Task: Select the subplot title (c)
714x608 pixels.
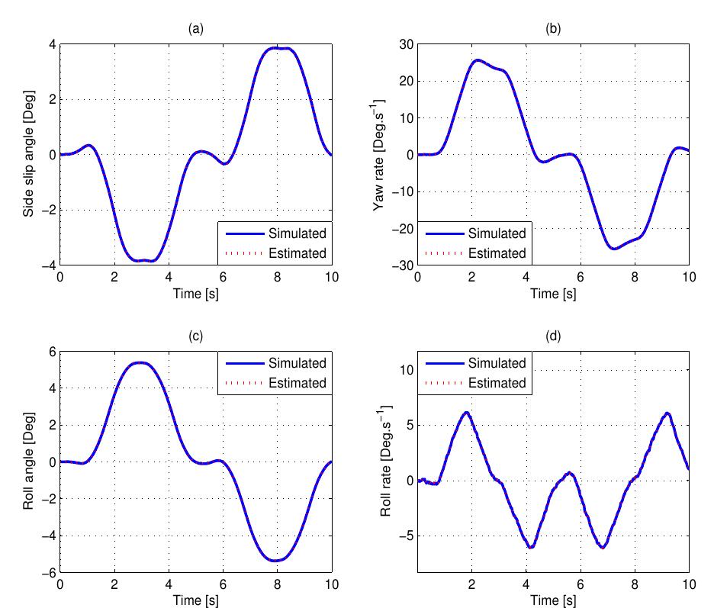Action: [x=196, y=336]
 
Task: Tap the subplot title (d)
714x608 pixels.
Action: [x=553, y=336]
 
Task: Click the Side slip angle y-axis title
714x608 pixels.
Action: [x=28, y=154]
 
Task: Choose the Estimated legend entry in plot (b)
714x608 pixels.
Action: [x=497, y=253]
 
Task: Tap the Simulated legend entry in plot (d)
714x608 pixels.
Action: [x=497, y=363]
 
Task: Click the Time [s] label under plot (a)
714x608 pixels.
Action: [x=196, y=294]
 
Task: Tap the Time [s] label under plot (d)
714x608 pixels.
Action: [x=553, y=601]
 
